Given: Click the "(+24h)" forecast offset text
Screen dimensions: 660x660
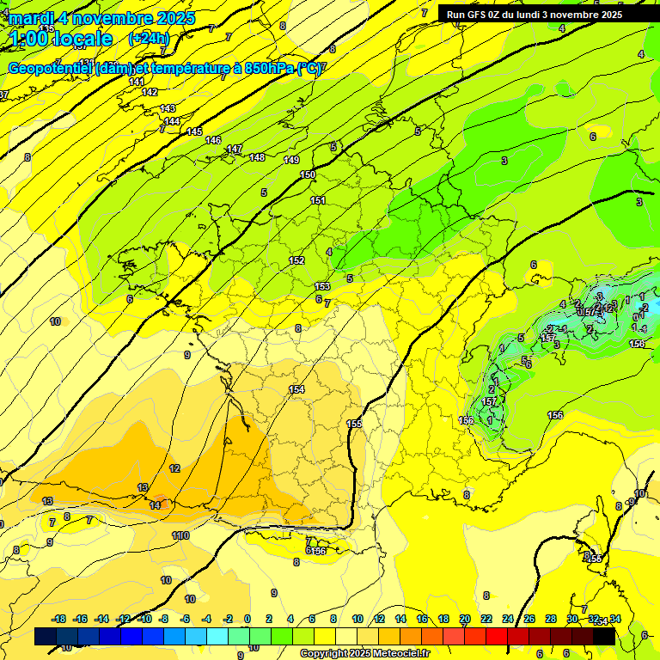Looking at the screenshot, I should [x=149, y=39].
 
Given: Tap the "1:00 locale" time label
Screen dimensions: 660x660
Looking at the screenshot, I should [x=62, y=39].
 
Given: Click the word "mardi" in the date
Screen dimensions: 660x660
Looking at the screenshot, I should [x=31, y=18].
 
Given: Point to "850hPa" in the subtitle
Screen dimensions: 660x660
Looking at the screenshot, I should [x=264, y=69].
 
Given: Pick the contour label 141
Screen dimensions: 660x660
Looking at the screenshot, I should [x=137, y=82].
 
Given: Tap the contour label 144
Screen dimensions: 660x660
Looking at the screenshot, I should [x=172, y=122].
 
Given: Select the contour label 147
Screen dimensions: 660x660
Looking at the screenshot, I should [x=234, y=150].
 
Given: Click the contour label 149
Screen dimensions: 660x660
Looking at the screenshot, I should [x=291, y=160].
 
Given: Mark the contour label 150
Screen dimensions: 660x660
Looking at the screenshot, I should [x=308, y=175].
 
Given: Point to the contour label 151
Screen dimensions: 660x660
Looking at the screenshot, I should [x=318, y=200].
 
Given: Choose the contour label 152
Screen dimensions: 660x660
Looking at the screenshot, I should [x=296, y=260].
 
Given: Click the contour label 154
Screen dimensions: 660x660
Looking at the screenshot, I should [x=296, y=389].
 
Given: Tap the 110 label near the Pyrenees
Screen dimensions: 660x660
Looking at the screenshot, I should [x=180, y=535].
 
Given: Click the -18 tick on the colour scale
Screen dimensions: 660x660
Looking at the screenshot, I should [x=58, y=619].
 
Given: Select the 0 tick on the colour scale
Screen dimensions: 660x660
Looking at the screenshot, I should [x=247, y=619].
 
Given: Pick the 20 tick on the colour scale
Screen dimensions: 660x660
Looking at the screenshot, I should [x=465, y=619].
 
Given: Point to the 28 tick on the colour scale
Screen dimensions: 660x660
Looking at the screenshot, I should [x=551, y=619].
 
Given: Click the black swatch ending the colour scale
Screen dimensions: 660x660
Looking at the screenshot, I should [x=604, y=637].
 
